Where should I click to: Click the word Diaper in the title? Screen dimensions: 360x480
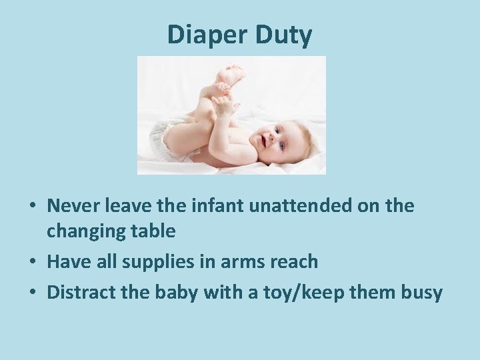pyautogui.click(x=207, y=35)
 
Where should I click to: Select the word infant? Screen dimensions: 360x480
pyautogui.click(x=213, y=207)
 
